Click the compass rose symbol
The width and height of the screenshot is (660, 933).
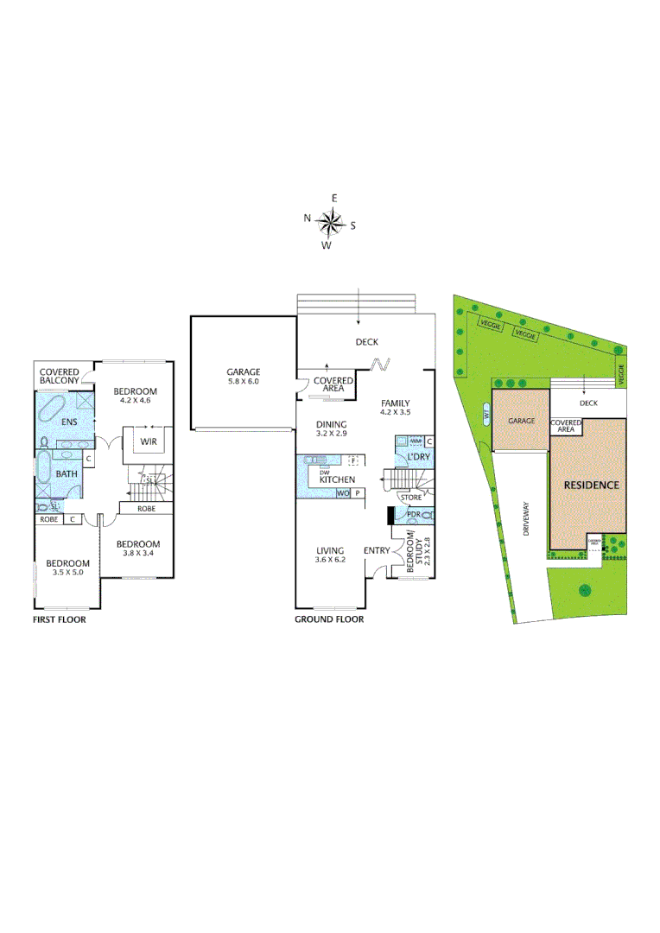pyautogui.click(x=330, y=223)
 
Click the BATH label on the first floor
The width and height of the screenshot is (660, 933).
pyautogui.click(x=67, y=474)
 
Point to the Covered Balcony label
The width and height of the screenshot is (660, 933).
pyautogui.click(x=60, y=376)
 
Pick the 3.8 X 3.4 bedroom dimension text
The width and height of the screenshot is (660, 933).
pyautogui.click(x=137, y=554)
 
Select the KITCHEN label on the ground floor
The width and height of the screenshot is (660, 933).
pyautogui.click(x=337, y=479)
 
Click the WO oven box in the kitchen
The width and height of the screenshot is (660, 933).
pyautogui.click(x=343, y=493)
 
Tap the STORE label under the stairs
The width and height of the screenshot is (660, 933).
pyautogui.click(x=410, y=498)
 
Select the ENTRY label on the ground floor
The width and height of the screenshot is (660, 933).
pyautogui.click(x=377, y=550)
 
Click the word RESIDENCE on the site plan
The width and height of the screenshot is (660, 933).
pyautogui.click(x=592, y=486)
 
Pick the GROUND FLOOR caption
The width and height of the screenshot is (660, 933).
pyautogui.click(x=329, y=619)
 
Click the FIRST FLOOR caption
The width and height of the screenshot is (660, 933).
pyautogui.click(x=59, y=619)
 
